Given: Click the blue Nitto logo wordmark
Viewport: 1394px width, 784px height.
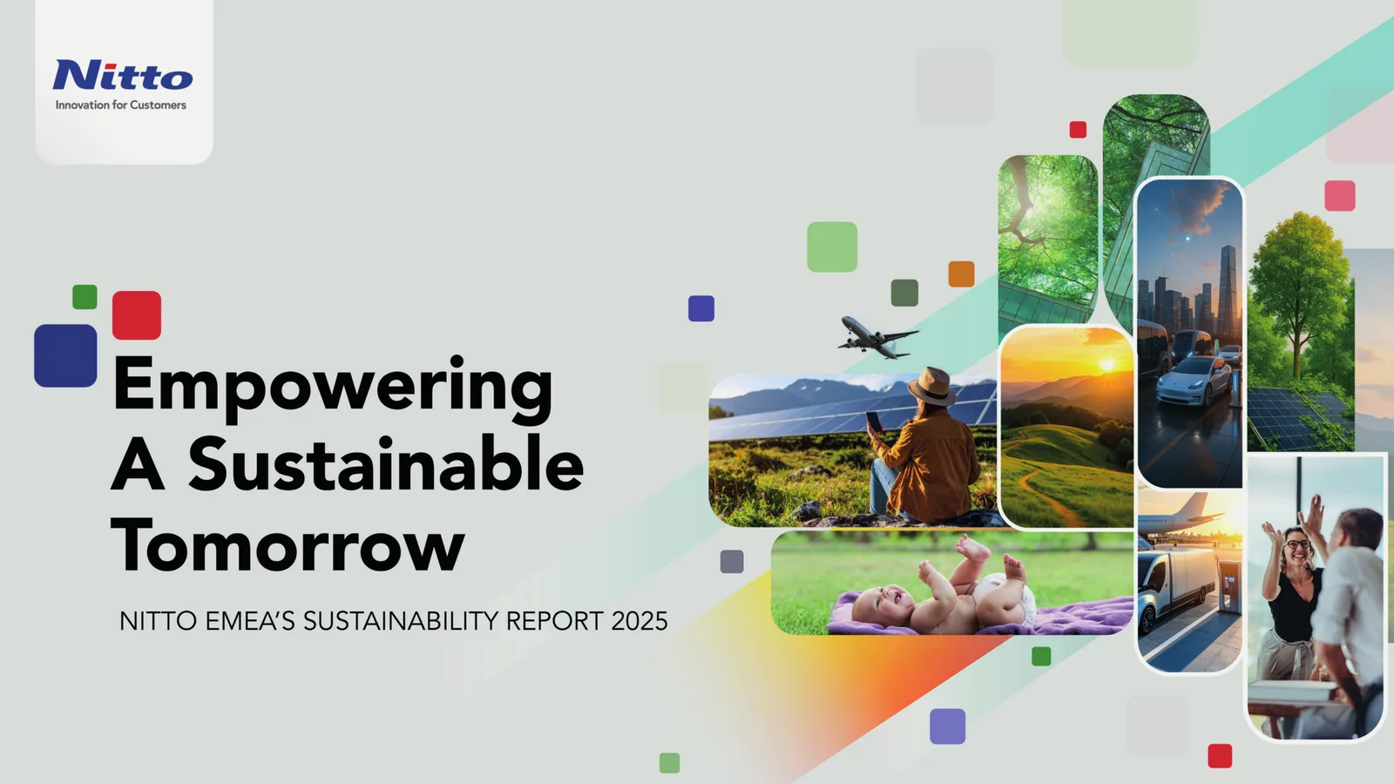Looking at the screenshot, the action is tap(123, 75).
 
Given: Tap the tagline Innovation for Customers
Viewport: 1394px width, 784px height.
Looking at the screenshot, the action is tap(121, 105).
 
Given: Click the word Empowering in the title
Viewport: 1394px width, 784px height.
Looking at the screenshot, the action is tap(332, 387).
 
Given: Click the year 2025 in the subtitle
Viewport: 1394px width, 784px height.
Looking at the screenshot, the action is tap(639, 621).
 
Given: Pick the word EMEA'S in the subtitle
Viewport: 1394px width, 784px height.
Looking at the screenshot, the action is tap(250, 621).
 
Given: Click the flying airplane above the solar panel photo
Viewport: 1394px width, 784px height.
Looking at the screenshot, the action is tap(877, 338).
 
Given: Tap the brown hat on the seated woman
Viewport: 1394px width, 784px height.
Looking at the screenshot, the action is tap(931, 387).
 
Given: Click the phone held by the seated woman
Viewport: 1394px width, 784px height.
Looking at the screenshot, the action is tap(875, 422).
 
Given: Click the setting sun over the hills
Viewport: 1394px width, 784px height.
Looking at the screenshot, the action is tap(1107, 364).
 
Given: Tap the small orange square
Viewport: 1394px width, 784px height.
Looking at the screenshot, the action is tap(962, 274).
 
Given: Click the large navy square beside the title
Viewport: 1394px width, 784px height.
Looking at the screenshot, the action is tap(65, 356).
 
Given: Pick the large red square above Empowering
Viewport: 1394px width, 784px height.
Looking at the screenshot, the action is tap(137, 314).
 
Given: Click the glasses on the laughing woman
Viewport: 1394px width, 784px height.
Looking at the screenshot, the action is tap(1297, 545).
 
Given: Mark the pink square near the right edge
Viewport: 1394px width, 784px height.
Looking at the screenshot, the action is tap(1340, 196).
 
